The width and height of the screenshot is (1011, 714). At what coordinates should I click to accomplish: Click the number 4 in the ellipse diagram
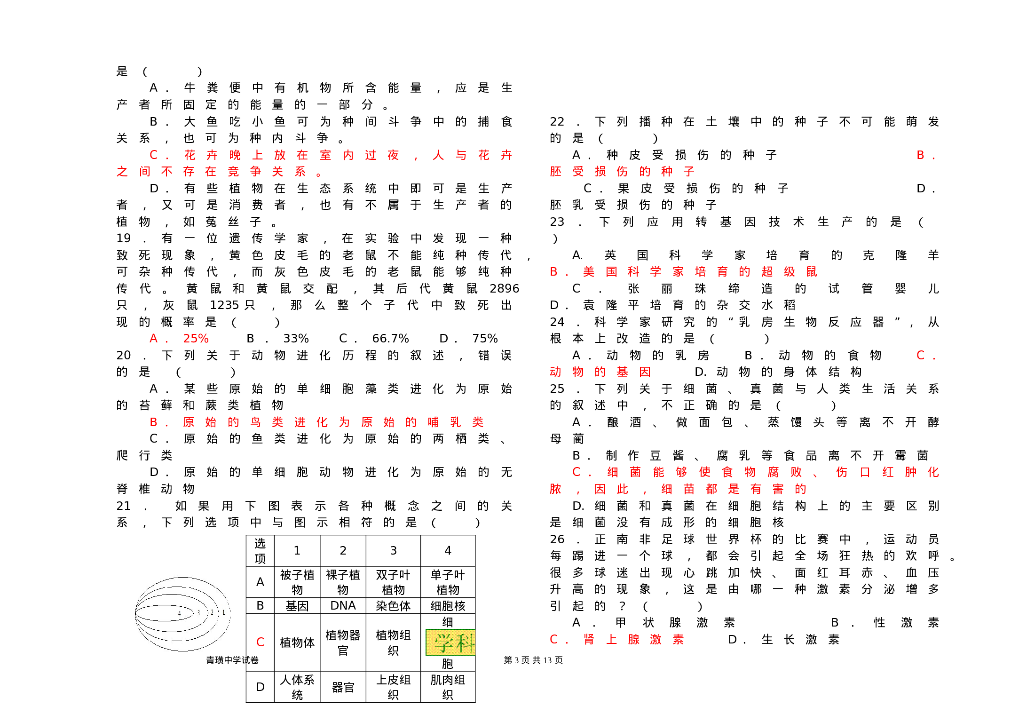pos(179,613)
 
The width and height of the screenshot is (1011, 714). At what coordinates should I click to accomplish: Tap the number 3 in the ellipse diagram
pos(198,613)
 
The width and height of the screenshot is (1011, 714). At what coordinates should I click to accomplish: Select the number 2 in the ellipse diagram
pos(212,612)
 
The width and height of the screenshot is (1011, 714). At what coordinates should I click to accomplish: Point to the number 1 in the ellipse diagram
pos(223,612)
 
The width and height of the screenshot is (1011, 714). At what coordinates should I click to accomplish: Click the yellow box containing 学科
pos(450,642)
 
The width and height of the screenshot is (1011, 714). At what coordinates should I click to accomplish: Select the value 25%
pos(196,339)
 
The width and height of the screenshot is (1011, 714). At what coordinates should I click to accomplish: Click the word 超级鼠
pos(789,272)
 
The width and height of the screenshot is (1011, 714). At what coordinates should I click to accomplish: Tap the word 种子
pos(678,172)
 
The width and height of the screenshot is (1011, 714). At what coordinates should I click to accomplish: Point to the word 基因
pos(633,372)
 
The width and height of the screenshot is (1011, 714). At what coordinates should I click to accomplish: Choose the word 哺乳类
pos(455,422)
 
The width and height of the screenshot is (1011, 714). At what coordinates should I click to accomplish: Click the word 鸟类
pos(266,422)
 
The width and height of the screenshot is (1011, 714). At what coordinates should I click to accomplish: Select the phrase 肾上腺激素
pos(633,640)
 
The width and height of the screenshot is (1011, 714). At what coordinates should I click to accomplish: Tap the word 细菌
pos(624,472)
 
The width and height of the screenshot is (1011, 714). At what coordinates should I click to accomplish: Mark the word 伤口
pos(853,472)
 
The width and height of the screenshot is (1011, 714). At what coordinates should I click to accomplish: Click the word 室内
pos(336,155)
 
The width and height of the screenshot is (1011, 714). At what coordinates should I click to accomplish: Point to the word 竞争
pos(244,172)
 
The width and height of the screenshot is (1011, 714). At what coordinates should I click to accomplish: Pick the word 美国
pos(600,272)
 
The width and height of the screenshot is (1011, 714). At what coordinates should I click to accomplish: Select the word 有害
pos(767,489)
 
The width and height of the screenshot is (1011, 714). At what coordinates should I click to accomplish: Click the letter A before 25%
pos(153,339)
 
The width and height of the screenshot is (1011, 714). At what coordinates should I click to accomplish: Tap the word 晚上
pos(246,155)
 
